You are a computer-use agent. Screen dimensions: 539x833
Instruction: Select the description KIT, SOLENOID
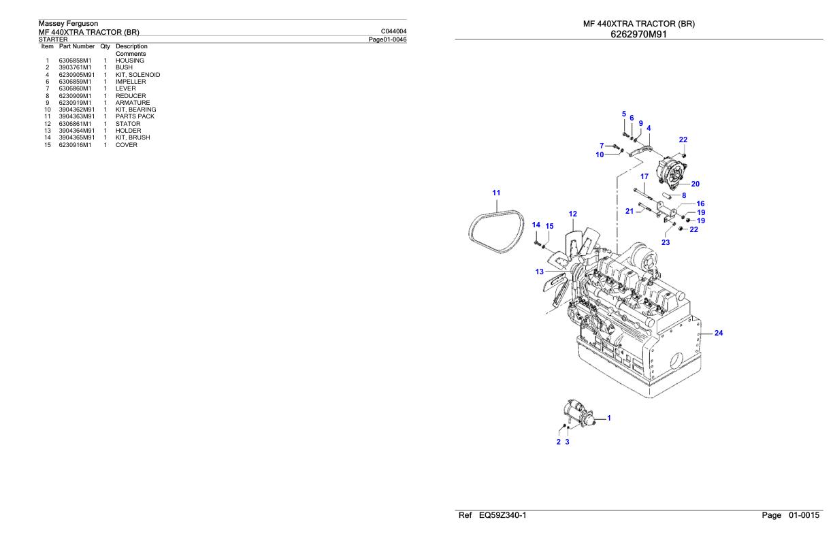point(137,75)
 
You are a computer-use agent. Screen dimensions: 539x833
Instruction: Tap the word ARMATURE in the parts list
point(132,103)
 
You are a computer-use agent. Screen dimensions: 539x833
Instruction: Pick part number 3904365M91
point(77,137)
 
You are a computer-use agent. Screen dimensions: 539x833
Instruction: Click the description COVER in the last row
point(126,145)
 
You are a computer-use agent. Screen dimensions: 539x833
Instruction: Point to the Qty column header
point(105,46)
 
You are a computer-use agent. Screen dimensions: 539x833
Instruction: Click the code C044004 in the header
point(395,31)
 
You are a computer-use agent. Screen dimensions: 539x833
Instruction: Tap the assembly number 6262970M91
point(638,33)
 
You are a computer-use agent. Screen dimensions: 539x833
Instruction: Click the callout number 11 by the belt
point(496,193)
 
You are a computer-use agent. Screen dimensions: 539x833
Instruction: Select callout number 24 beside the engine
point(718,333)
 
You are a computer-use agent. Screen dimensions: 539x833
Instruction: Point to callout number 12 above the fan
point(572,214)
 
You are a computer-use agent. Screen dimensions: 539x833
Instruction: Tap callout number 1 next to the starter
point(608,418)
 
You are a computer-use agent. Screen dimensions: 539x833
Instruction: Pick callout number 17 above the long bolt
point(644,177)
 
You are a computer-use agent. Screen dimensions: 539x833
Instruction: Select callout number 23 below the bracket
point(665,242)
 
